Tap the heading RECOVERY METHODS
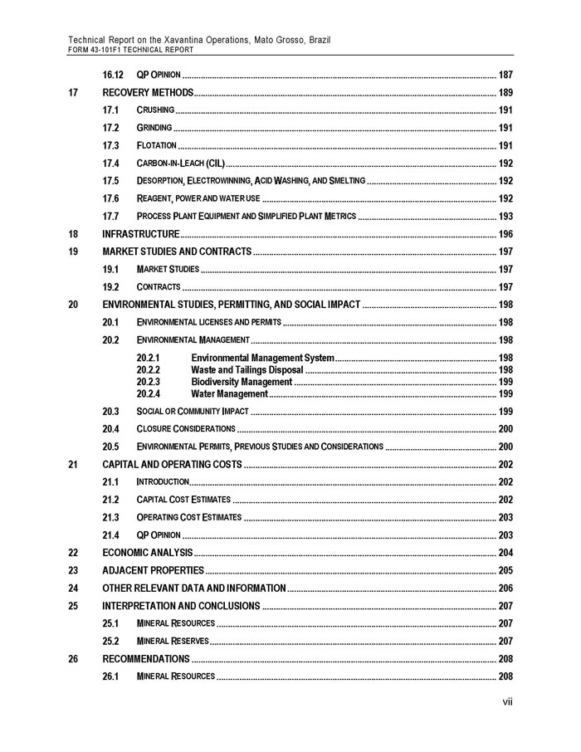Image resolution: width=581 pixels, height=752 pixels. click(x=148, y=92)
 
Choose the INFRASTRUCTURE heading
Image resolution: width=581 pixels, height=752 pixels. click(x=140, y=233)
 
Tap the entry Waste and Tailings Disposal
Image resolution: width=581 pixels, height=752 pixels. click(x=247, y=370)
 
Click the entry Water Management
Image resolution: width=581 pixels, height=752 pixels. click(x=229, y=393)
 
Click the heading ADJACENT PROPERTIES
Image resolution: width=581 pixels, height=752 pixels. click(x=153, y=570)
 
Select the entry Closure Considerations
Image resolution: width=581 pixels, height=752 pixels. click(x=186, y=429)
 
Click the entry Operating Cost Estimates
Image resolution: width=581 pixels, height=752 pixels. click(x=189, y=517)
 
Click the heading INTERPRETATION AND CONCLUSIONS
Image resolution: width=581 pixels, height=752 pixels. click(x=181, y=605)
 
